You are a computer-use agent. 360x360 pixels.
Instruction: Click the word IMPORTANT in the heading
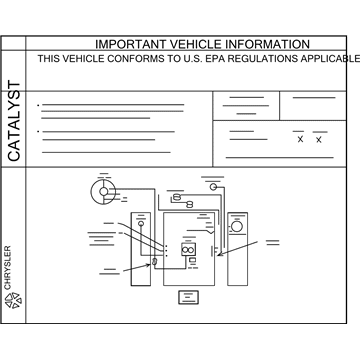[128, 44]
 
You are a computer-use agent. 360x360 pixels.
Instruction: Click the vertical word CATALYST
[14, 122]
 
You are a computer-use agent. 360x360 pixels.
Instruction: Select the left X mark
[300, 139]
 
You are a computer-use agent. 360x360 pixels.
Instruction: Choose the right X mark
[319, 139]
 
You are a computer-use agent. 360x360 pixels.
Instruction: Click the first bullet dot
[37, 105]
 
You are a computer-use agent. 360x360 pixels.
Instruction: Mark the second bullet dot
[37, 130]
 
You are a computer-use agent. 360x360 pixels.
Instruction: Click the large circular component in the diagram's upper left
[102, 190]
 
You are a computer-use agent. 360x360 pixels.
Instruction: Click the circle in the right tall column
[237, 227]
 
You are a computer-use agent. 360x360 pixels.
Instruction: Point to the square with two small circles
[187, 250]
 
